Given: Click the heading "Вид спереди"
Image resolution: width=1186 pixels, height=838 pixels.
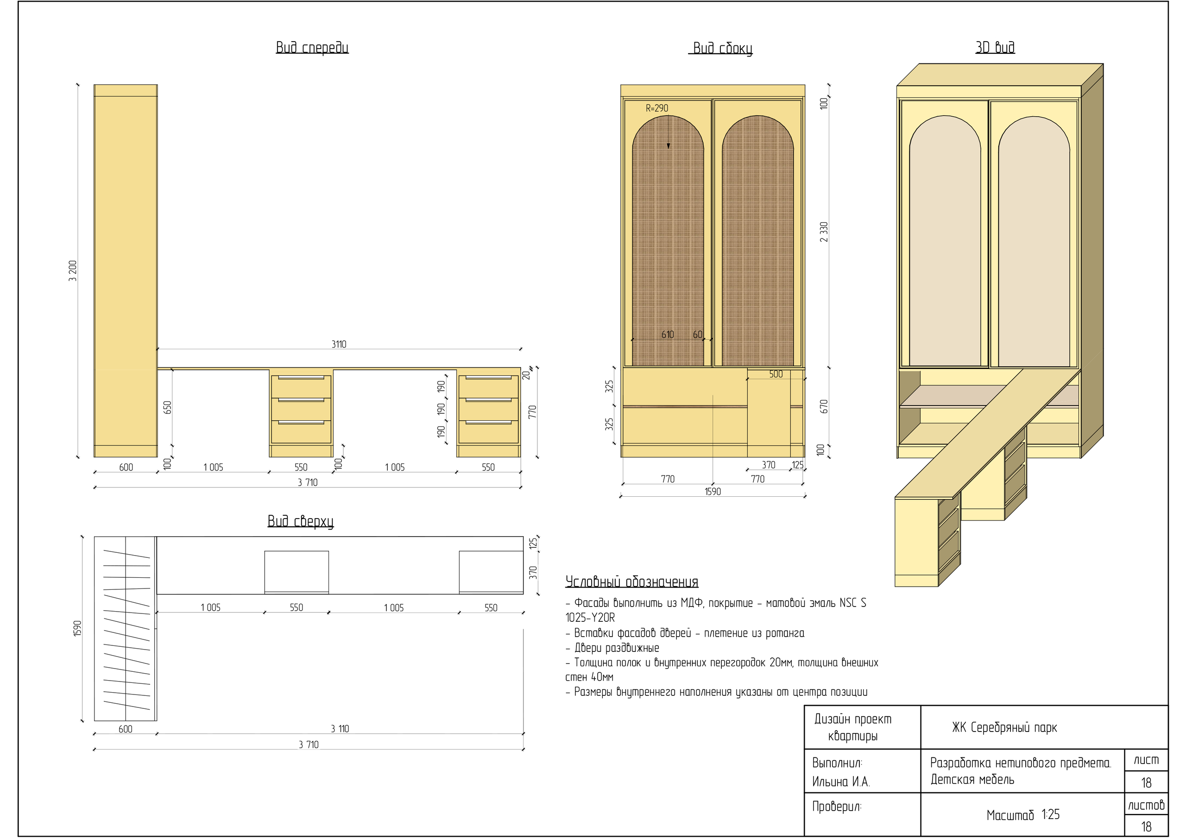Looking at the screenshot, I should click(312, 48).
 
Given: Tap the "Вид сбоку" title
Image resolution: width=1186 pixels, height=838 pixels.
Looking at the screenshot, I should click(722, 49).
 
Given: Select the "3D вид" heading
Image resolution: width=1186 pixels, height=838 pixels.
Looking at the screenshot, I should click(995, 48).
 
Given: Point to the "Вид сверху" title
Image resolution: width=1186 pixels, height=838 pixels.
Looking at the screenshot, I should click(300, 521).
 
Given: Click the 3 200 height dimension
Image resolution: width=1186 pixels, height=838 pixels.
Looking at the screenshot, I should click(73, 270).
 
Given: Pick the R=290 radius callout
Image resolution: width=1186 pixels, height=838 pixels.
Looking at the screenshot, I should click(656, 108).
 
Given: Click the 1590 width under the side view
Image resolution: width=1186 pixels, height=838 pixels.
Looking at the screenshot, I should click(713, 492).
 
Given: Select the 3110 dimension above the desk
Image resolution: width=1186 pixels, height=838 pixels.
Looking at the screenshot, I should click(339, 344).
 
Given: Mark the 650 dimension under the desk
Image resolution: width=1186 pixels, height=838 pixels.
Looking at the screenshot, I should click(167, 407).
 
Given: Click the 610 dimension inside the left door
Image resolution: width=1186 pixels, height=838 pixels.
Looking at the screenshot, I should click(668, 335).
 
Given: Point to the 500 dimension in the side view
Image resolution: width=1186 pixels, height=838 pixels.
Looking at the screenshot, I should click(776, 375).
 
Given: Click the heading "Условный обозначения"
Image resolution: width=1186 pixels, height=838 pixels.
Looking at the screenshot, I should click(631, 582).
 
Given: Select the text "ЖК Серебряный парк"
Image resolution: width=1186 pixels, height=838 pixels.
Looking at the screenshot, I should click(1004, 728).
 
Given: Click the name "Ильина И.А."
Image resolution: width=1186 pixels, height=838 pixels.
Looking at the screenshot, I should click(840, 782).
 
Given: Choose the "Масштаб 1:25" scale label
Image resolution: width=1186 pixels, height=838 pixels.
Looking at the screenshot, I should click(1023, 815).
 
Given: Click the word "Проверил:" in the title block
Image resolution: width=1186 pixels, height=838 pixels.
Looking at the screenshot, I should click(836, 807).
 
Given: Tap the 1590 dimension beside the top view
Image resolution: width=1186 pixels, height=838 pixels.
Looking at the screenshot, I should click(77, 628).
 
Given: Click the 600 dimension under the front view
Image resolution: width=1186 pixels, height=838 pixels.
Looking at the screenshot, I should click(126, 467).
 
